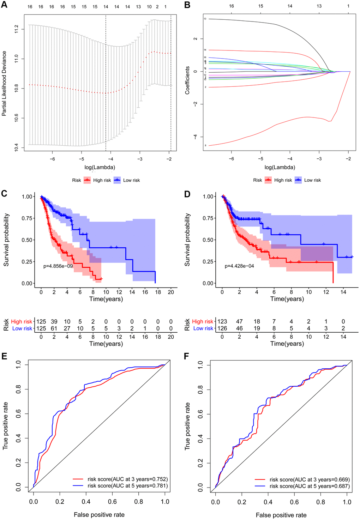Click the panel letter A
pos(4,5)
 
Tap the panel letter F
pos(187,356)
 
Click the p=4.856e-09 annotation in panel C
pos(58,266)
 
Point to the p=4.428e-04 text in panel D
pos(239,266)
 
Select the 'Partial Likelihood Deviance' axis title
pos(4,83)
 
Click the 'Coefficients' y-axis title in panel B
pos(187,80)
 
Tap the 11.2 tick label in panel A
pos(16,29)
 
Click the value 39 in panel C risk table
pos(54,321)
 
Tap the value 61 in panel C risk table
pos(54,328)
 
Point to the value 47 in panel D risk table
pos(239,321)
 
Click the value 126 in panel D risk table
pos(222,328)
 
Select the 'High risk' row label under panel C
pos(22,321)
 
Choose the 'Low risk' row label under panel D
pos(203,328)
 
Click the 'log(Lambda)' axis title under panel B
pos(280,167)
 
